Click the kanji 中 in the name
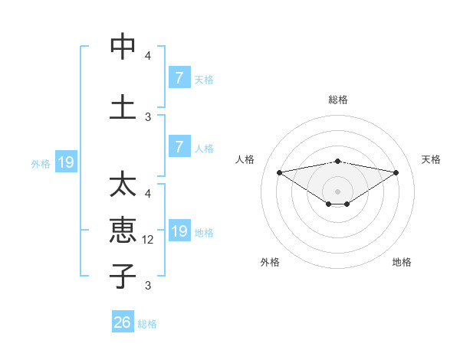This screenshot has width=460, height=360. pos(123,47)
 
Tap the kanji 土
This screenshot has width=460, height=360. pos(123,107)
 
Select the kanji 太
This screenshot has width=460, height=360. pos(123,185)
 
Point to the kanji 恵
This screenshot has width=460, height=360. pos(123,230)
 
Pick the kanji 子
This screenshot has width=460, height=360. pos(123,275)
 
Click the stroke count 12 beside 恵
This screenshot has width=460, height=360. pos(149,240)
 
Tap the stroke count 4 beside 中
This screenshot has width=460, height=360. pos(148,55)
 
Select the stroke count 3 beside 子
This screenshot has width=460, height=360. pos(148,286)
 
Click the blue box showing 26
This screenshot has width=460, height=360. pos(123,322)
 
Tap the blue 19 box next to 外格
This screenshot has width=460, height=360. pos(65,162)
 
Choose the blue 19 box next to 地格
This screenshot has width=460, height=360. pos(179,231)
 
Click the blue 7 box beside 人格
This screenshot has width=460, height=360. pos(179,147)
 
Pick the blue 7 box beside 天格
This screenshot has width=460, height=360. pos(179,78)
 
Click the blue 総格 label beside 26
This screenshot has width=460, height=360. pos(147,324)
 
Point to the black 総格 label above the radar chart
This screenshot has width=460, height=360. pos(337,100)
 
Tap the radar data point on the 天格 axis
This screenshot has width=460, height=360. pos(396,172)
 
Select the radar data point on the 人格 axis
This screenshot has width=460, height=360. pos(279,172)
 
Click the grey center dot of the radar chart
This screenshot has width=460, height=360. pos(337,190)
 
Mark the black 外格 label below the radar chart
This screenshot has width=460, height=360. pos(270,262)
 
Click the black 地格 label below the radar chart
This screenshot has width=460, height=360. pos(402,262)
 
